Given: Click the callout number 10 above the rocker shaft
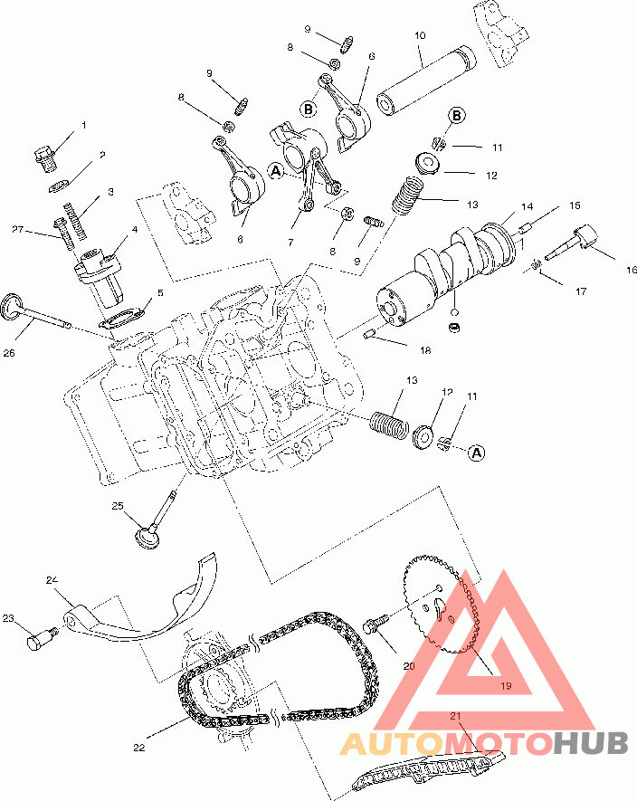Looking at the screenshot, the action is coord(420,35).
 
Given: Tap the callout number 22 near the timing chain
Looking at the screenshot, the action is coord(139,748).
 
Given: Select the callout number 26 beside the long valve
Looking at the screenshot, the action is coord(9,352).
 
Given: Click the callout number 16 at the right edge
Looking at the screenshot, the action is coord(631,270).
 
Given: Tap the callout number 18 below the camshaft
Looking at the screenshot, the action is coord(425,350).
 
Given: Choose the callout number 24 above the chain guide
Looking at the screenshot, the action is coord(52,580).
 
